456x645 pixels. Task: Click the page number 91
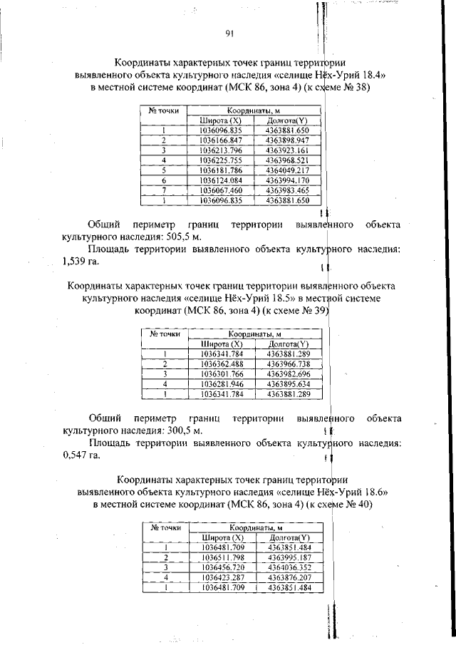pos(229,33)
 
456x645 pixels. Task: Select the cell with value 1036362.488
pos(222,363)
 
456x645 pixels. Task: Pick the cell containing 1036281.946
pos(222,383)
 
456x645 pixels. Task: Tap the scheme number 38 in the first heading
pos(359,88)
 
